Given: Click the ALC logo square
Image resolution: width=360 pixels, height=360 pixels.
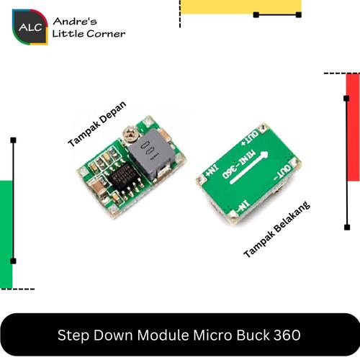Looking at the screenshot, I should pos(30,27).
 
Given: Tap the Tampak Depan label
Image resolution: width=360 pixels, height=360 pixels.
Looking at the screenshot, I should pos(96,123).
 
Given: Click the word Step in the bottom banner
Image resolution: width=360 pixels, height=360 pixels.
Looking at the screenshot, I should pos(71,336).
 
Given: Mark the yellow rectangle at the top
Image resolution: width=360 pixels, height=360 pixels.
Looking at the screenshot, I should pos(240,6).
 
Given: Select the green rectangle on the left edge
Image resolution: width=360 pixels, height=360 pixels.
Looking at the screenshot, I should pos(6,234).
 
